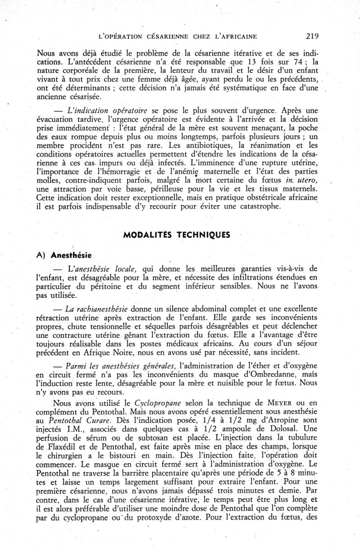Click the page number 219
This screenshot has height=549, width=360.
[312, 36]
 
